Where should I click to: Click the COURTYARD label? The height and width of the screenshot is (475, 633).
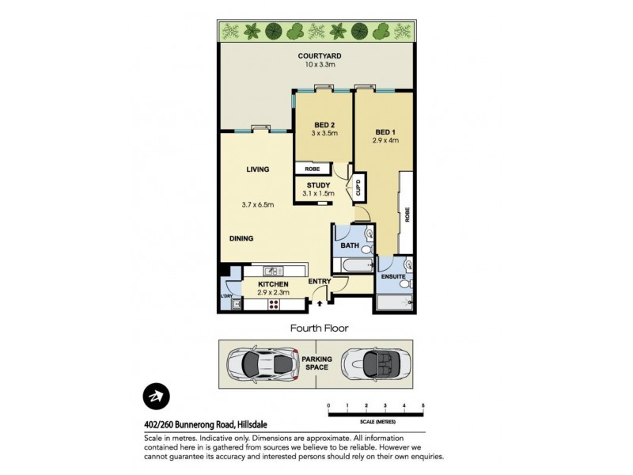click(x=320, y=55)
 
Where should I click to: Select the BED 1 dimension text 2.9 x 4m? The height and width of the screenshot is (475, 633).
click(x=385, y=140)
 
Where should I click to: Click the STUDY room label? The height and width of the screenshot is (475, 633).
click(x=318, y=185)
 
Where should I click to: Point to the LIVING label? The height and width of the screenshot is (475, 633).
click(x=257, y=169)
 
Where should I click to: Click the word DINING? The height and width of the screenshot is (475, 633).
click(x=242, y=237)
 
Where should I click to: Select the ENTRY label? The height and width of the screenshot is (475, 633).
click(x=320, y=283)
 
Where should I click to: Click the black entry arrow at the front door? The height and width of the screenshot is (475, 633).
click(x=320, y=301)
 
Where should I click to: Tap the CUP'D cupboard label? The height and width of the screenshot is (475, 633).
click(x=358, y=188)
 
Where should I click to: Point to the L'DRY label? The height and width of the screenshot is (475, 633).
click(x=227, y=297)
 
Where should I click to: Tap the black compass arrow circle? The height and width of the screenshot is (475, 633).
click(x=157, y=397)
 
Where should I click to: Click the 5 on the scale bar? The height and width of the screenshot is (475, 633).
click(x=423, y=405)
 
